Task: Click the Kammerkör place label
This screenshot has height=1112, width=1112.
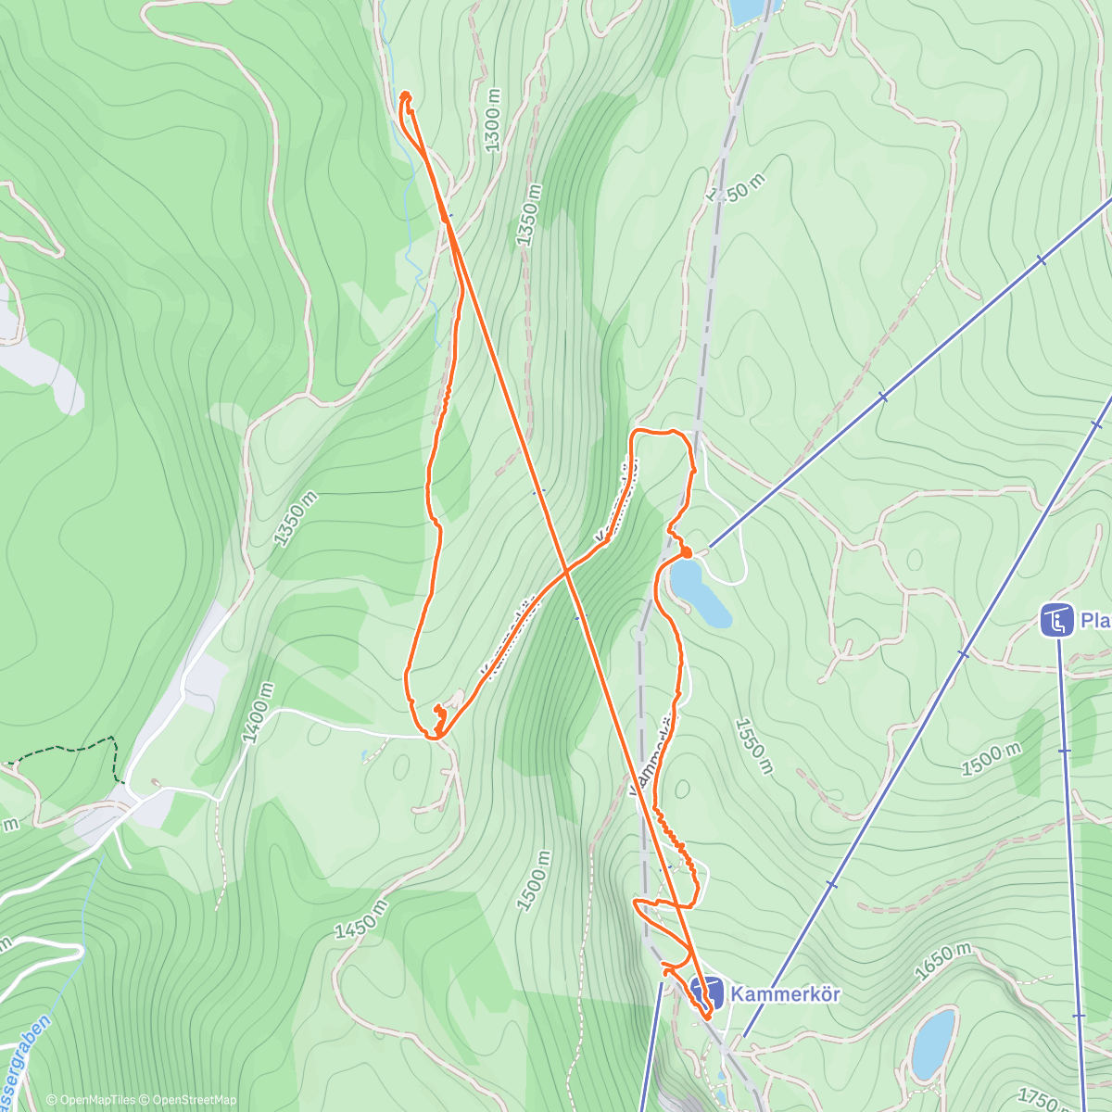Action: [785, 994]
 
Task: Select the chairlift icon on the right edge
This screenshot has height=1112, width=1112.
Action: [1055, 620]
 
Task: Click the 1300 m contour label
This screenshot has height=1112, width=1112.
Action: [492, 120]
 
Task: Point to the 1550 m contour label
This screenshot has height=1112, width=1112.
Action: [752, 745]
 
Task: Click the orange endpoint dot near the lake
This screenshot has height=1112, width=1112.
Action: [686, 552]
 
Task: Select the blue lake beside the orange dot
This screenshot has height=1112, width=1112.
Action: [700, 593]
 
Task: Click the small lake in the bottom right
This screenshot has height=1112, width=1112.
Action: [933, 1043]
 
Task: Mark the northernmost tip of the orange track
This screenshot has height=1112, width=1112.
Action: [405, 94]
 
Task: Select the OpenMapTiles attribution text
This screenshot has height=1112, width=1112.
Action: [91, 1100]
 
